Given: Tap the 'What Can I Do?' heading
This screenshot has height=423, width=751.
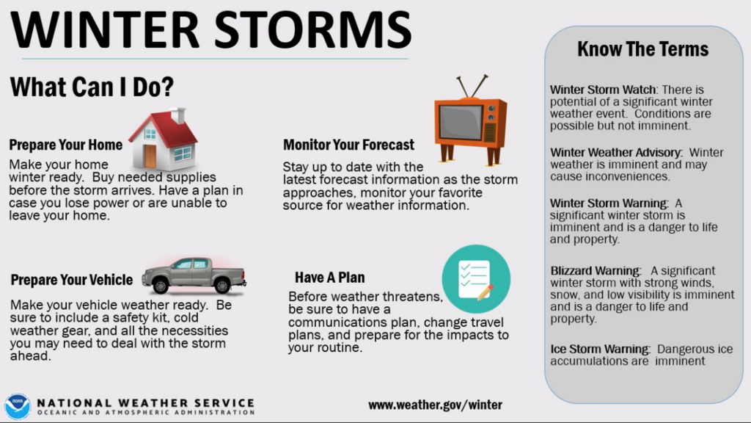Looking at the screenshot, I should click(92, 87).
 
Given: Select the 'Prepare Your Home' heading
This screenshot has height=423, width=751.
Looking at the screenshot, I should click(66, 145).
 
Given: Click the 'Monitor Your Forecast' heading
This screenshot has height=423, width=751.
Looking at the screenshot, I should click(348, 145).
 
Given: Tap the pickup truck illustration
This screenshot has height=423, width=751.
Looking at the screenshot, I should click(194, 274).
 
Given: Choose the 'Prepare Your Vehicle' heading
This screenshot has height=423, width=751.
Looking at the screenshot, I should click(72, 280).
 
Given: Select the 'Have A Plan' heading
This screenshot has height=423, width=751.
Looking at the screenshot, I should click(329, 278).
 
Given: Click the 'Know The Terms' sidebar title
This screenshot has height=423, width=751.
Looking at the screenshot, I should click(642, 50).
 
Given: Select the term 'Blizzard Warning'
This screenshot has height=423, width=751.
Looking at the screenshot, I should click(596, 271).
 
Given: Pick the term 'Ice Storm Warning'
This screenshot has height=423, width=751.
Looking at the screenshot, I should click(600, 349).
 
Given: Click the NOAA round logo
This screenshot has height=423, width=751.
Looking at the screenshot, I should click(17, 405).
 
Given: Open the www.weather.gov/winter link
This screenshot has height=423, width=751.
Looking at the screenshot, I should click(435, 405).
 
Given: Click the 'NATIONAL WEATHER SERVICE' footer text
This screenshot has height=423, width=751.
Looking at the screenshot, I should click(145, 403).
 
